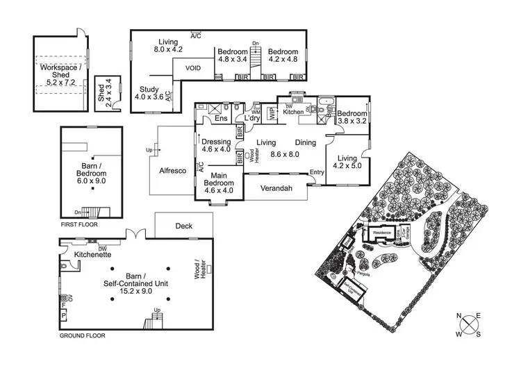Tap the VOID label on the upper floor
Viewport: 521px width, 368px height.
tap(193, 68)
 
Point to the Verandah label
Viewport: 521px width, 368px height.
tap(276, 187)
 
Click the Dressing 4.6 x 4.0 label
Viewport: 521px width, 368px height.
tap(215, 144)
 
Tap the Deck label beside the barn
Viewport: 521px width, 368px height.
tap(184, 226)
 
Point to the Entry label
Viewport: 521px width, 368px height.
tap(317, 172)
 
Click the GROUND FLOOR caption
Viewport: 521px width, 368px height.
tap(82, 335)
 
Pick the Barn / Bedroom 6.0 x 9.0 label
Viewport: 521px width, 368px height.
tap(91, 172)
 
